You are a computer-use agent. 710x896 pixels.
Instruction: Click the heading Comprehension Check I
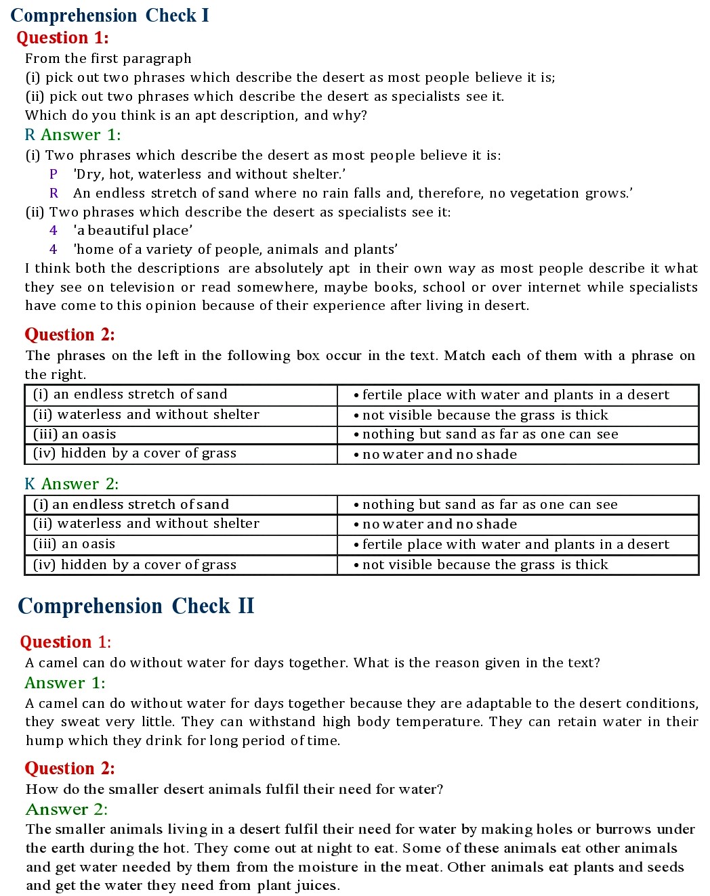click(x=110, y=16)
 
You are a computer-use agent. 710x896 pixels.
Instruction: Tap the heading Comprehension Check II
click(x=135, y=606)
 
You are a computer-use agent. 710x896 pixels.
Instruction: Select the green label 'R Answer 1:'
click(x=72, y=135)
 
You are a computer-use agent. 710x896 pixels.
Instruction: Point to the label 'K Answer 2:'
click(x=71, y=484)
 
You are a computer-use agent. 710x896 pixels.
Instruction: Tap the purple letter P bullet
click(x=54, y=174)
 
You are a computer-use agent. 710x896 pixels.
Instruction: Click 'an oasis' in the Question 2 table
click(x=75, y=434)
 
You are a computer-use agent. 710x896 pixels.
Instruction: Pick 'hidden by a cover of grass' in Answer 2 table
click(x=135, y=564)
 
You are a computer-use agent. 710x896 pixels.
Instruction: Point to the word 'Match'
click(x=463, y=355)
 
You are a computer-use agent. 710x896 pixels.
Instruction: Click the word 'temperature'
click(x=438, y=721)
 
